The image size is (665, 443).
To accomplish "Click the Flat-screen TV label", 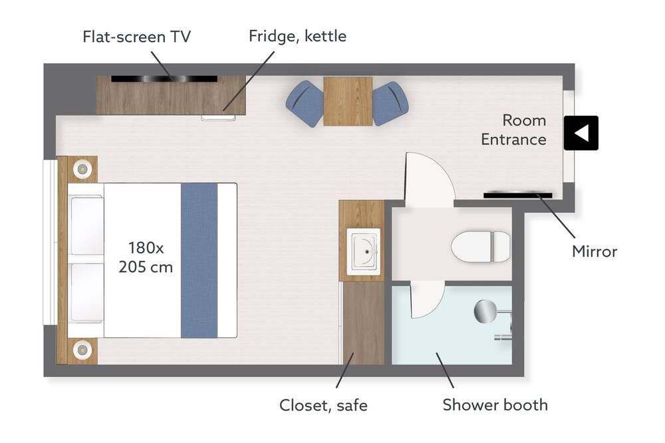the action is (136, 37).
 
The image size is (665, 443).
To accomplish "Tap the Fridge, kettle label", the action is (297, 37).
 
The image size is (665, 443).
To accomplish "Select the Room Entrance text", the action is (513, 130).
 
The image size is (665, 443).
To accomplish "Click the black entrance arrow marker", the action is (581, 133).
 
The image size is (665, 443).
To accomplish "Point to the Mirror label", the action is (594, 251).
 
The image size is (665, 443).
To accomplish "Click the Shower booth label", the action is (495, 405).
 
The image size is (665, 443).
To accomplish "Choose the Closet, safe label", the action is (323, 406).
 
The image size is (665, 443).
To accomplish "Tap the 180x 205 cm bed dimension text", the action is (146, 257).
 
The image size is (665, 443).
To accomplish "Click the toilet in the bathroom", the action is (481, 247).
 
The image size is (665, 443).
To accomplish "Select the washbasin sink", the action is (364, 251).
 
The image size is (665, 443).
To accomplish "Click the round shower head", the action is (485, 311).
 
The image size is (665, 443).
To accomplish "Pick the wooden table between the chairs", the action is (348, 101).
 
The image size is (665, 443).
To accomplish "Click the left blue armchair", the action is (305, 104).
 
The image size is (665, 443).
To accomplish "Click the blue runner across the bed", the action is (199, 261).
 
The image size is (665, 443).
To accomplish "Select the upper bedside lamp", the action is (82, 170).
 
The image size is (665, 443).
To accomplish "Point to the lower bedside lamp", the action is (82, 351).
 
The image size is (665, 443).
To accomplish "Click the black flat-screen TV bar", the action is (164, 79).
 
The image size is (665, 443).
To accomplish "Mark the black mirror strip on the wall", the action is (518, 195).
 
